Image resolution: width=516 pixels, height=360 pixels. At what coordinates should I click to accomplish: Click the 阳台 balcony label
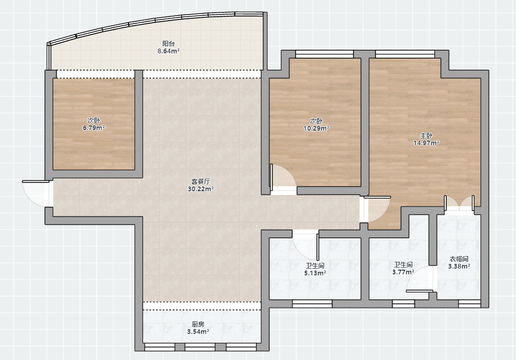pyautogui.click(x=168, y=43)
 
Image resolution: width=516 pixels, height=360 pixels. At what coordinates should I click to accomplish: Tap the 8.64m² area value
pyautogui.click(x=168, y=51)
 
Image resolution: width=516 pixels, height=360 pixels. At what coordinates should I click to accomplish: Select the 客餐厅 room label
pyautogui.click(x=201, y=181)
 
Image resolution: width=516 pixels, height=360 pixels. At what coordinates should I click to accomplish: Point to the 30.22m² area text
pyautogui.click(x=201, y=189)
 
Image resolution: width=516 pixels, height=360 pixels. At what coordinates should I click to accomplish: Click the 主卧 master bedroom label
pyautogui.click(x=426, y=135)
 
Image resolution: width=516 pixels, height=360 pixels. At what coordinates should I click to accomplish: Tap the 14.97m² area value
pyautogui.click(x=426, y=143)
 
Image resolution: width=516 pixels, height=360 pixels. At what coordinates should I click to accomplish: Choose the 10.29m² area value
pyautogui.click(x=316, y=129)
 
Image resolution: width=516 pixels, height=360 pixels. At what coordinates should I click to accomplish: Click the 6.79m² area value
pyautogui.click(x=94, y=128)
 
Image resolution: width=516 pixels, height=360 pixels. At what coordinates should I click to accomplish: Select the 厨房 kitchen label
pyautogui.click(x=198, y=324)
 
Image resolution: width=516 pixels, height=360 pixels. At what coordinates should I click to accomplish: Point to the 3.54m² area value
pyautogui.click(x=198, y=332)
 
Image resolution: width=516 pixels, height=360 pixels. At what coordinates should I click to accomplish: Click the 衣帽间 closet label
pyautogui.click(x=459, y=259)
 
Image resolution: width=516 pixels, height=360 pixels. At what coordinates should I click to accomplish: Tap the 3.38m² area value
pyautogui.click(x=459, y=266)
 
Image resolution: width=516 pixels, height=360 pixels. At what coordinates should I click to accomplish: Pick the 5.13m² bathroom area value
pyautogui.click(x=315, y=273)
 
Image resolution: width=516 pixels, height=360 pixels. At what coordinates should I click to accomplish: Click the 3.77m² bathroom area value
pyautogui.click(x=403, y=272)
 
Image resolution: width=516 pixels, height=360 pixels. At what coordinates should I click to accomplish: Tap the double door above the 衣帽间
pyautogui.click(x=460, y=203)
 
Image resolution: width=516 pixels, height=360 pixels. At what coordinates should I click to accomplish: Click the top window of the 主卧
pyautogui.click(x=405, y=54)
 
